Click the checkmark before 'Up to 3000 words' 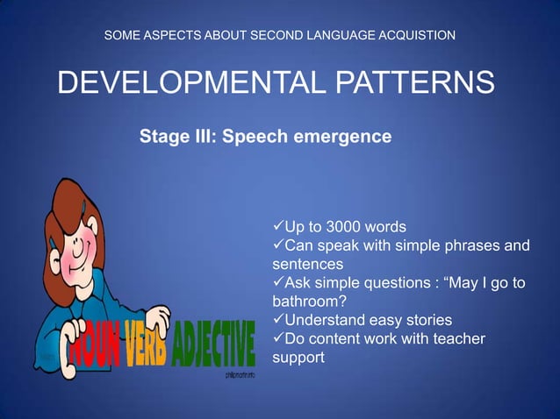pyautogui.click(x=279, y=227)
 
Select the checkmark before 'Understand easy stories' pyautogui.click(x=279, y=320)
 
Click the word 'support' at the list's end pyautogui.click(x=299, y=359)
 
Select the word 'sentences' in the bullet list pyautogui.click(x=307, y=264)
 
